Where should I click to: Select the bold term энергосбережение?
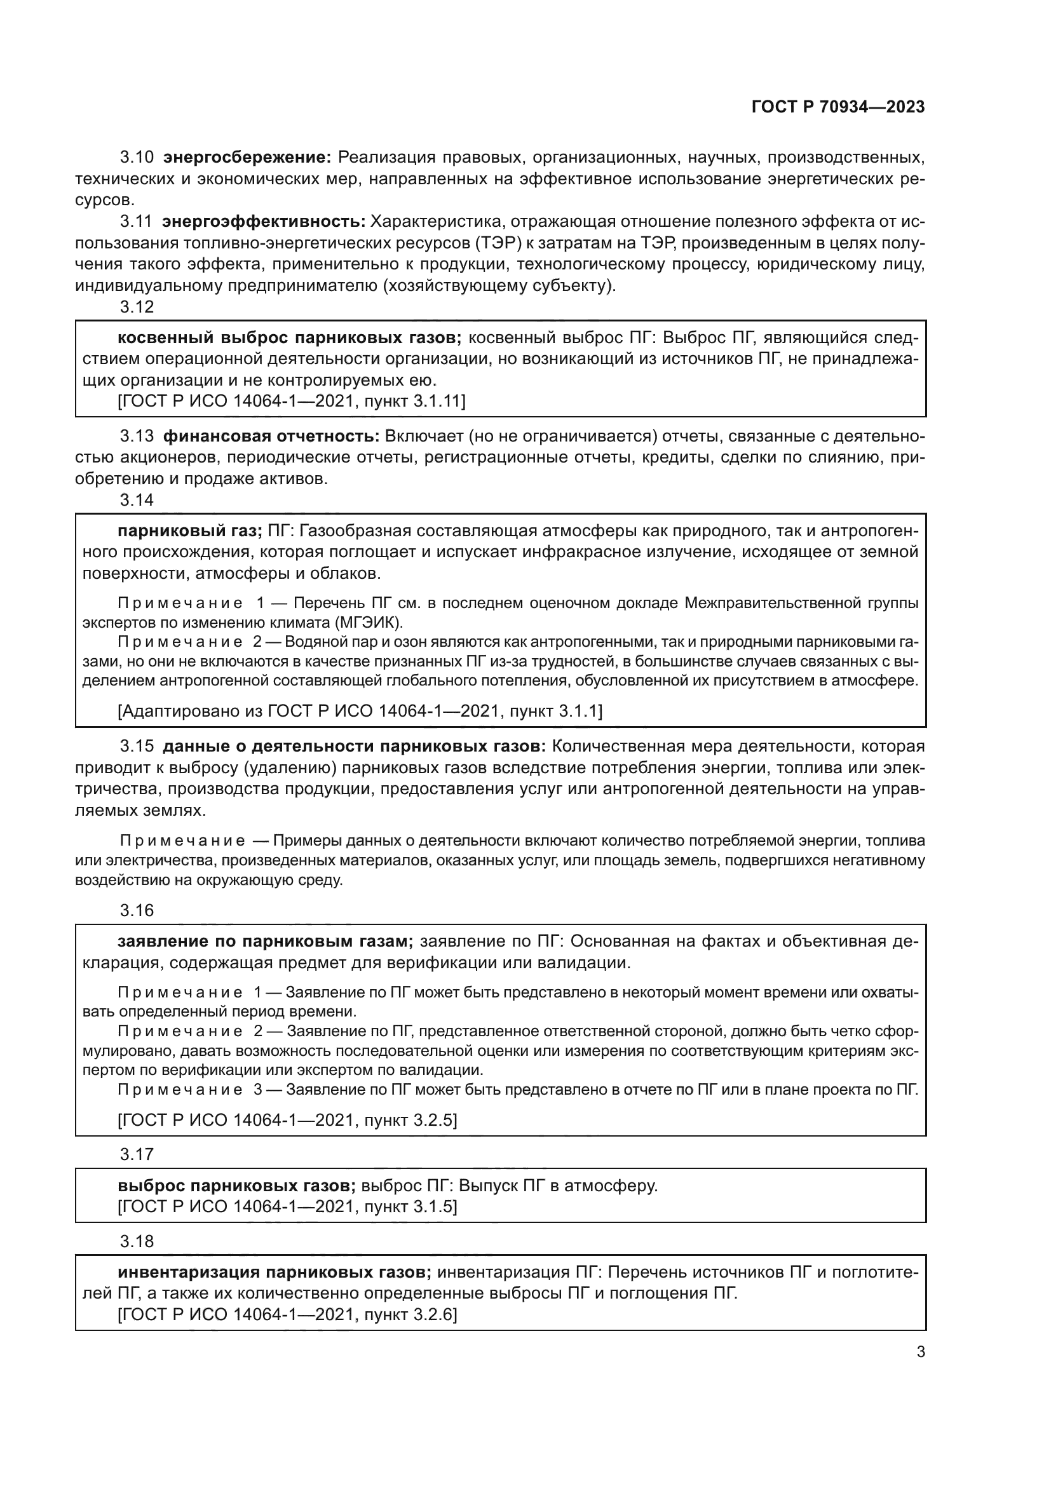coord(247,158)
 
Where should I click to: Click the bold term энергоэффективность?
coord(264,222)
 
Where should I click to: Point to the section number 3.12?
coord(137,307)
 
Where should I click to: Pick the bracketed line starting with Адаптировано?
coord(359,712)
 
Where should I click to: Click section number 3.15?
coord(137,746)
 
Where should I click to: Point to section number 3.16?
coord(137,910)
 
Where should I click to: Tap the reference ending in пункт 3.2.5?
coord(287,1119)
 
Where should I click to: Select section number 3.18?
coord(137,1241)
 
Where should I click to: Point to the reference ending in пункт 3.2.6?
coord(287,1314)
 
